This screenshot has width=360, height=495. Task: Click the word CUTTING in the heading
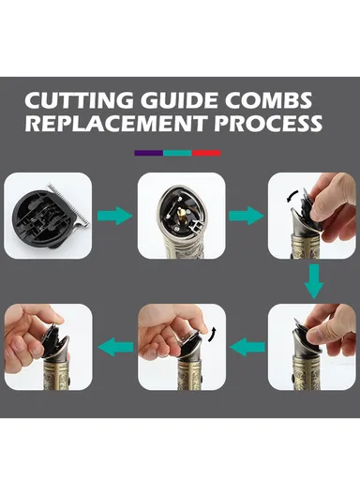pyautogui.click(x=80, y=100)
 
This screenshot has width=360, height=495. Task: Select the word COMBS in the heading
pyautogui.click(x=268, y=100)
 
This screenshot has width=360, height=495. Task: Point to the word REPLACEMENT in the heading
pyautogui.click(x=116, y=123)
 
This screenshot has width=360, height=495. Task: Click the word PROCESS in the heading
pyautogui.click(x=268, y=123)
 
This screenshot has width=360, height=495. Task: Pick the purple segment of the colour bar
pyautogui.click(x=149, y=153)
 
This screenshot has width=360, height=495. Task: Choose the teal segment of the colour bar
pyautogui.click(x=177, y=153)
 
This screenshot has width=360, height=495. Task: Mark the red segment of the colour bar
pyautogui.click(x=206, y=153)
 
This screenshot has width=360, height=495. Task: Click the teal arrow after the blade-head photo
pyautogui.click(x=114, y=216)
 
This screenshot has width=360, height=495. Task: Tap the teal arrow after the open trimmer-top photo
pyautogui.click(x=247, y=216)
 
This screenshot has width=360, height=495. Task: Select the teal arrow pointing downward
pyautogui.click(x=314, y=281)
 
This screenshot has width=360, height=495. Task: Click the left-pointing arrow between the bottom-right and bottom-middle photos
pyautogui.click(x=247, y=347)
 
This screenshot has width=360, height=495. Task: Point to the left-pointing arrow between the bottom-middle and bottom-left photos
pyautogui.click(x=115, y=347)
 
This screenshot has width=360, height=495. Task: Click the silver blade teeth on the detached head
pyautogui.click(x=68, y=204)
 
